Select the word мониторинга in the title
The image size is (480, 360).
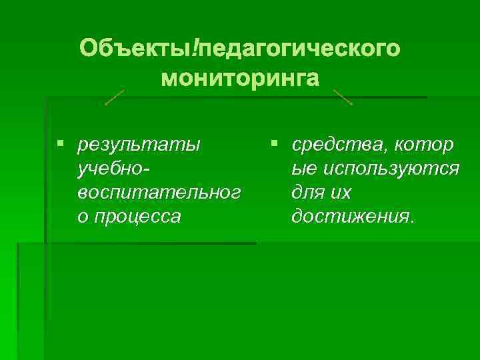tap(240, 78)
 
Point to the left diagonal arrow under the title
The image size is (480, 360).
tap(115, 97)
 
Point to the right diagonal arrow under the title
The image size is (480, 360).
tap(342, 97)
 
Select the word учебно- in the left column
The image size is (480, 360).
tap(114, 169)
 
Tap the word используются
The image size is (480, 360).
tap(391, 169)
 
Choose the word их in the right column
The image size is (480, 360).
tap(341, 193)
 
